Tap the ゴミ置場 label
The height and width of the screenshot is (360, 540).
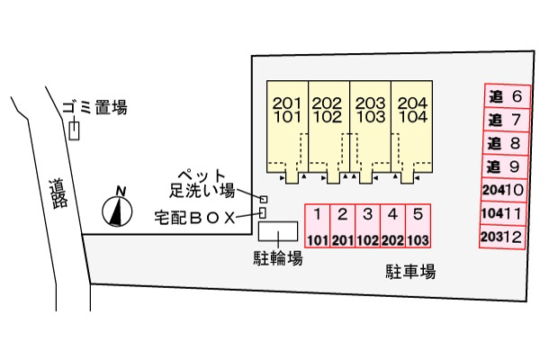pos(95,107)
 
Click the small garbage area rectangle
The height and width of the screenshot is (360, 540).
pos(74,130)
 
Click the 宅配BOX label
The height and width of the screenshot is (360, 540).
pos(194,218)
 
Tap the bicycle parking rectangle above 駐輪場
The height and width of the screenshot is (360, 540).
pos(278,231)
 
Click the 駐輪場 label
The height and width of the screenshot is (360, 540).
pos(278,257)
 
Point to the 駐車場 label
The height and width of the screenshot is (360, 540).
pos(410,272)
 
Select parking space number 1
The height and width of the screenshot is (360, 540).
pos(317,226)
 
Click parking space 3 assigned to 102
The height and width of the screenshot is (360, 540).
pos(368,226)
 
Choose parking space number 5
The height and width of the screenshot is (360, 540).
pos(418,226)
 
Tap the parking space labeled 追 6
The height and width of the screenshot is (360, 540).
pos(507,96)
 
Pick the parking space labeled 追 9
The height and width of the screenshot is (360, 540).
pos(505,166)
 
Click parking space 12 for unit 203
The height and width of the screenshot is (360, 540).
pos(502,237)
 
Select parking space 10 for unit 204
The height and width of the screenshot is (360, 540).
pos(504,190)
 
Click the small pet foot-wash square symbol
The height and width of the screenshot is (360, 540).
pos(264,199)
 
